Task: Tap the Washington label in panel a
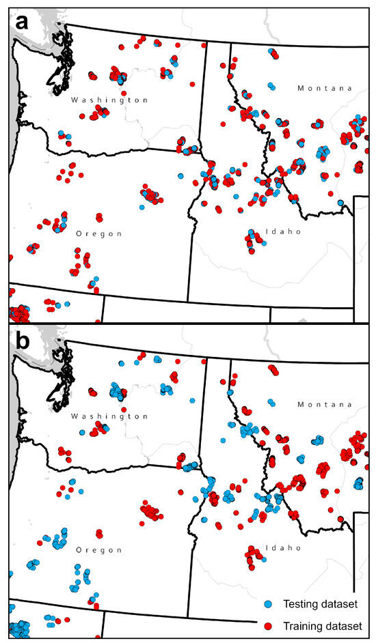109,100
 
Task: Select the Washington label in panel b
109,416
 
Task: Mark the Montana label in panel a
325,89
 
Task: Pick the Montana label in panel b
325,405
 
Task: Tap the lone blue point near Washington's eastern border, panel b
193,401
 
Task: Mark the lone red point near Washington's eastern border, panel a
193,85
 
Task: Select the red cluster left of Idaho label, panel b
254,556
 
